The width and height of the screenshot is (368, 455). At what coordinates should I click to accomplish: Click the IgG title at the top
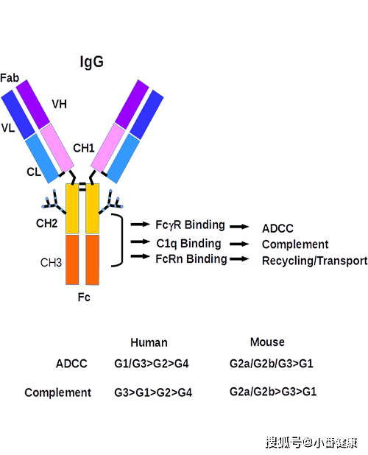(x=92, y=62)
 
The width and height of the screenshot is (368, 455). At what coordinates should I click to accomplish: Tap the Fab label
(x=10, y=78)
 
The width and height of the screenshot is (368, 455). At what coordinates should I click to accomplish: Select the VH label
(x=59, y=104)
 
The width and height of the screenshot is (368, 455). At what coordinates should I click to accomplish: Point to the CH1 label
(x=84, y=148)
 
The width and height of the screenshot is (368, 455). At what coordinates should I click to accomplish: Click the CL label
(x=34, y=172)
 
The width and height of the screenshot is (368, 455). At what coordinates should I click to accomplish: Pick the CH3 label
(x=51, y=262)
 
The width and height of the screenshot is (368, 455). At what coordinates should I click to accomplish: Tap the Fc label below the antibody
(x=84, y=297)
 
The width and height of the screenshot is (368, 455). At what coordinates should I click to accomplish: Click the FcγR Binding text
(x=190, y=225)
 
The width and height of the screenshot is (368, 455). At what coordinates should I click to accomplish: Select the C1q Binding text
(x=188, y=244)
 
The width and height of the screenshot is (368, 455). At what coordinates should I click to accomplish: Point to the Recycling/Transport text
(x=315, y=261)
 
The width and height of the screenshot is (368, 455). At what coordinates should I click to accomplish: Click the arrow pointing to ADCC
(x=239, y=227)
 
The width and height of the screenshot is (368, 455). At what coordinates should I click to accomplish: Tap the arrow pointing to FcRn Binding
(x=140, y=256)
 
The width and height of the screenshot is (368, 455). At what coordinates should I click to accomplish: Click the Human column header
(x=149, y=342)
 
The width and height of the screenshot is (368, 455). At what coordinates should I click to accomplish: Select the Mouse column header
(x=267, y=342)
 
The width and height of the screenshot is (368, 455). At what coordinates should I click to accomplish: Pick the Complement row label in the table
(x=57, y=392)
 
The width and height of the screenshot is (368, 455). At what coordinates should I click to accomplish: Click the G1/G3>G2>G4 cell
(x=152, y=364)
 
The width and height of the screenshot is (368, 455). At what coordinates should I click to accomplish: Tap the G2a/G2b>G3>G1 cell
(x=273, y=392)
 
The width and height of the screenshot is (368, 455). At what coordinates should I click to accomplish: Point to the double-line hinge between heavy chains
(x=82, y=187)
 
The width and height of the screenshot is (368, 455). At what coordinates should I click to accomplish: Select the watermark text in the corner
(x=311, y=442)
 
